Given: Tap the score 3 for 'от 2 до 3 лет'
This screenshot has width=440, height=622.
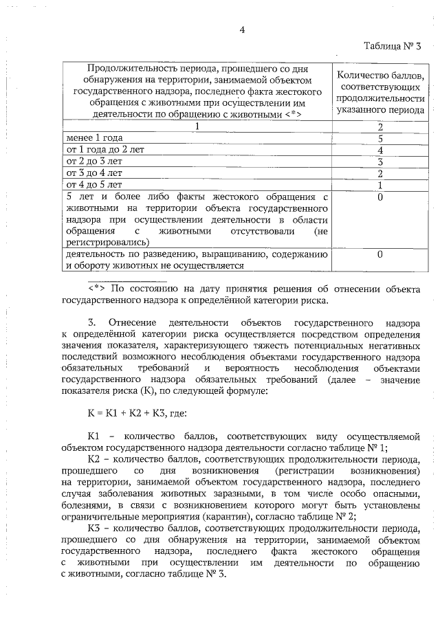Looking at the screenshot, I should pyautogui.click(x=380, y=162).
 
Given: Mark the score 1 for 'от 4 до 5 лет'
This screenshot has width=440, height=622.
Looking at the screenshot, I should pyautogui.click(x=380, y=185).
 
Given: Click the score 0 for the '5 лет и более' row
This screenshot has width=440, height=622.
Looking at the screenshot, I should pyautogui.click(x=380, y=197).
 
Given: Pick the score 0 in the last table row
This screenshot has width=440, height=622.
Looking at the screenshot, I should pyautogui.click(x=380, y=254).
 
